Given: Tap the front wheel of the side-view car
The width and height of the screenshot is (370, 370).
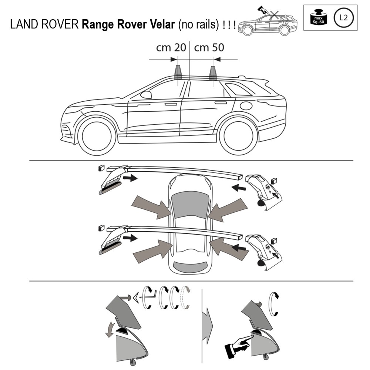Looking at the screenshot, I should tap(97, 136).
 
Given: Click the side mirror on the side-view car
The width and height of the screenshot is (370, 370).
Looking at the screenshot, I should tap(146, 95).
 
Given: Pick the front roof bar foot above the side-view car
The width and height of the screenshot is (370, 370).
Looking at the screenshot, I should tap(178, 73).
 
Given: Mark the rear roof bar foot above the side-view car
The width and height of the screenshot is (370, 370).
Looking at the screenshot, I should tap(213, 73).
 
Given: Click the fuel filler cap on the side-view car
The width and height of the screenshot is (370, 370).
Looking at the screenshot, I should tap(246, 105).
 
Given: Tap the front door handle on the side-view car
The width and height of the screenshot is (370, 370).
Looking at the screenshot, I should tap(171, 104).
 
